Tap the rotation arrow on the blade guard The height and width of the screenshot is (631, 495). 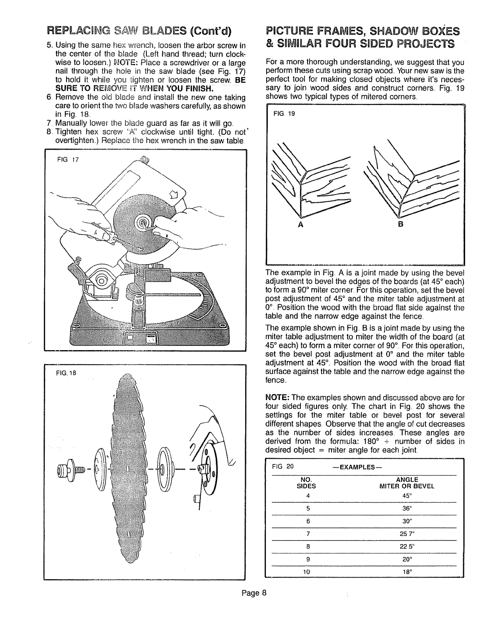coord(173,195)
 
